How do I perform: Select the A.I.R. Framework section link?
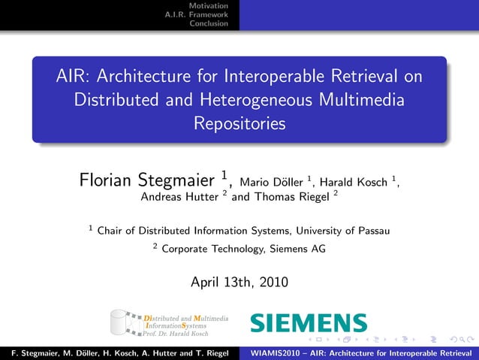(x=197, y=14)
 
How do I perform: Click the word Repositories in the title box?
(x=239, y=123)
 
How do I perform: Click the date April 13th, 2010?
(x=239, y=283)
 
